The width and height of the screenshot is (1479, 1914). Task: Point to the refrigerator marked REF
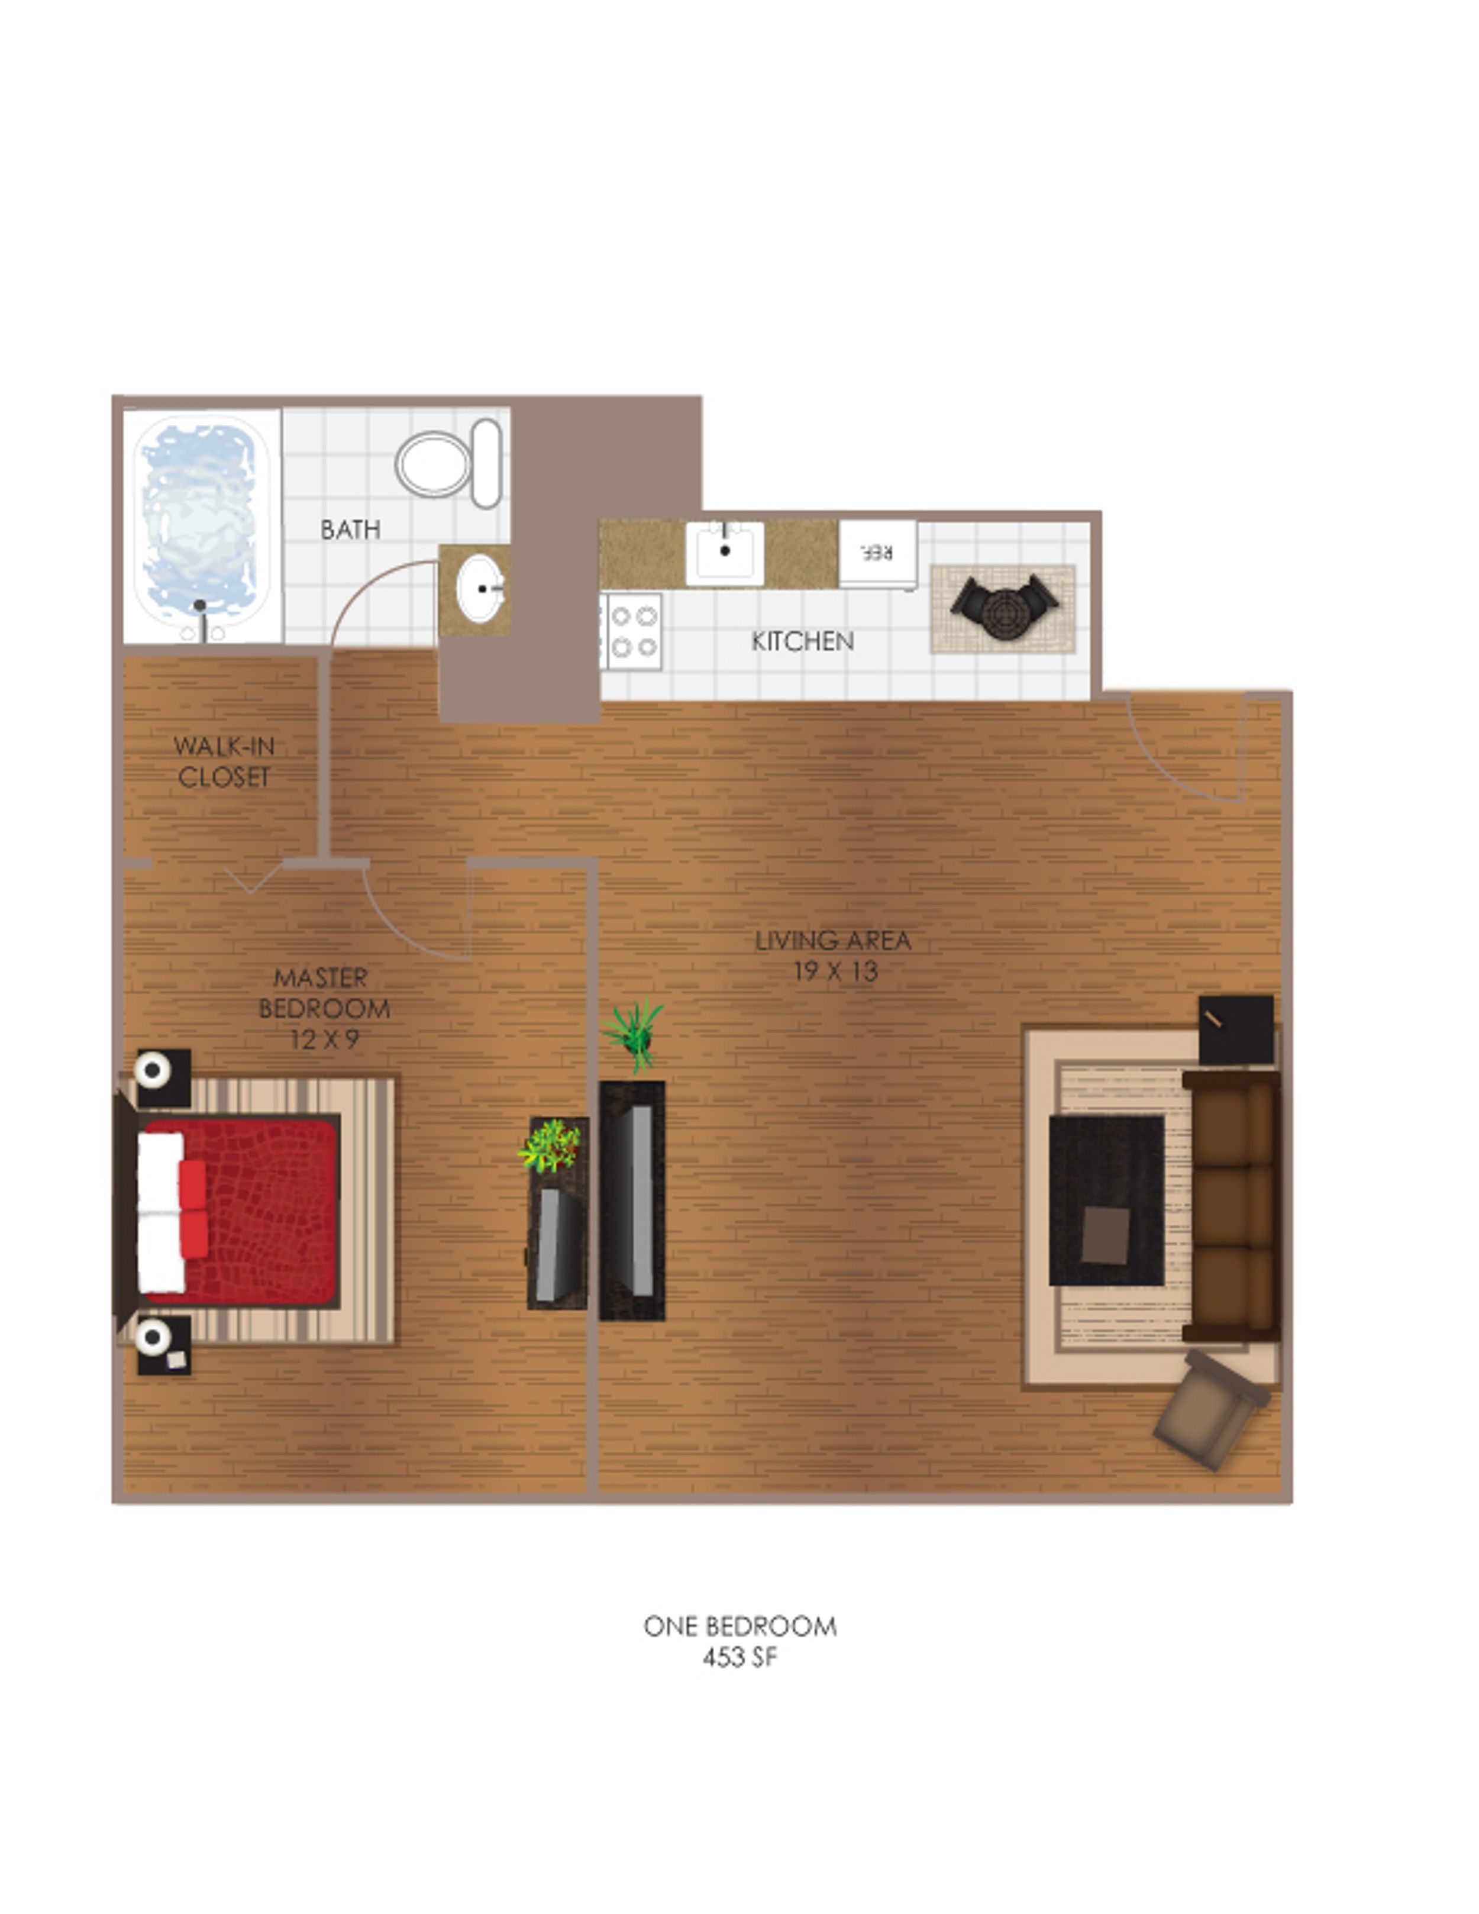[878, 554]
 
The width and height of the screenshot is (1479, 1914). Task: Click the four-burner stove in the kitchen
[632, 631]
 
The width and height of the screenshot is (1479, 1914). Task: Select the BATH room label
[350, 530]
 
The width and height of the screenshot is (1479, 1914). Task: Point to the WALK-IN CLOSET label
[224, 761]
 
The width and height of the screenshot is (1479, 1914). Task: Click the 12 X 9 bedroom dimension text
[324, 1040]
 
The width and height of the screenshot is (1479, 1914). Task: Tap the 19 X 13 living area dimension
[835, 971]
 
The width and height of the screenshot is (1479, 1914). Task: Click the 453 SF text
[739, 1657]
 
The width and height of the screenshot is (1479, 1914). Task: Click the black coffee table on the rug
[1107, 1200]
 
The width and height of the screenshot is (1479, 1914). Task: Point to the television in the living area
[632, 1200]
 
